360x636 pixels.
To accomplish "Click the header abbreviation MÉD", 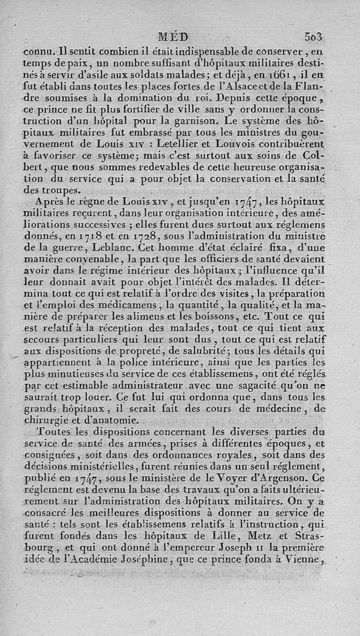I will tap(174, 36).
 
